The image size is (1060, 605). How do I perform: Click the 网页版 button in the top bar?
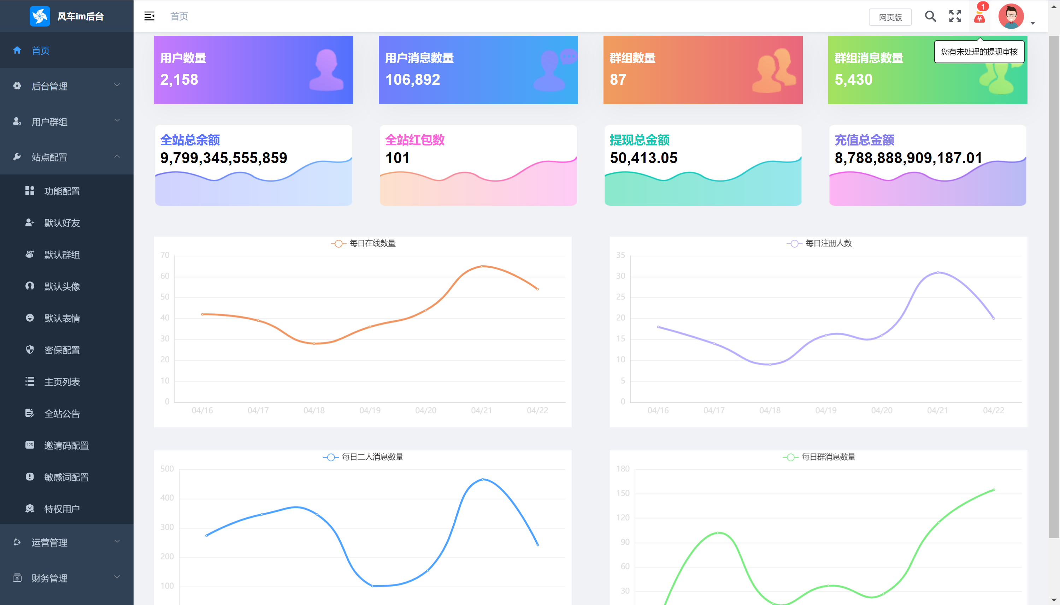point(890,17)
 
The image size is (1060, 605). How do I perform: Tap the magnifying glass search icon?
point(930,16)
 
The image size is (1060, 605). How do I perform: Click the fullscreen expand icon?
point(955,16)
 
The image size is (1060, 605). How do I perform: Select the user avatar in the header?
point(1011,16)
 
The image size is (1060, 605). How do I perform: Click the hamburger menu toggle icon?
point(149,16)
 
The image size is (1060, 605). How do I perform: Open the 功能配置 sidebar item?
point(62,191)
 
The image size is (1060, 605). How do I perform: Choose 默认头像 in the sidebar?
point(62,286)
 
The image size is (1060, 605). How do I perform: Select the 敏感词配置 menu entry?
point(66,477)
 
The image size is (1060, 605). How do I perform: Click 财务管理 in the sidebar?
point(49,578)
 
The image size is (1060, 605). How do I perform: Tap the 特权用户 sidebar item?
point(62,509)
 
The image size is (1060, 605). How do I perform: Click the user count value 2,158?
point(179,79)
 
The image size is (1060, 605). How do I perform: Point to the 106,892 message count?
point(412,79)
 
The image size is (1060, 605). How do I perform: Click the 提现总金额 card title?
point(639,140)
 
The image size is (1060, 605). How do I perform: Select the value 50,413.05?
point(643,158)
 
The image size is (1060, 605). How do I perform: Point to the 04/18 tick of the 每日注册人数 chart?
point(770,410)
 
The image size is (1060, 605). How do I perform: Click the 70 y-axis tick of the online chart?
point(165,255)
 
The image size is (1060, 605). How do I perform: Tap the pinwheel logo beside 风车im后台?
point(40,16)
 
